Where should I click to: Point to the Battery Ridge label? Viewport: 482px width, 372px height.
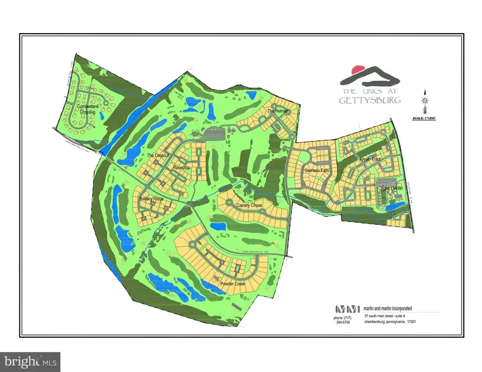click(x=151, y=199)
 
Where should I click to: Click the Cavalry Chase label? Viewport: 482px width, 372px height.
click(x=246, y=206)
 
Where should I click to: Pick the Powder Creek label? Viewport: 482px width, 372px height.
click(x=232, y=283)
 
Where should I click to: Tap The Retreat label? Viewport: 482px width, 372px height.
click(x=278, y=111)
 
